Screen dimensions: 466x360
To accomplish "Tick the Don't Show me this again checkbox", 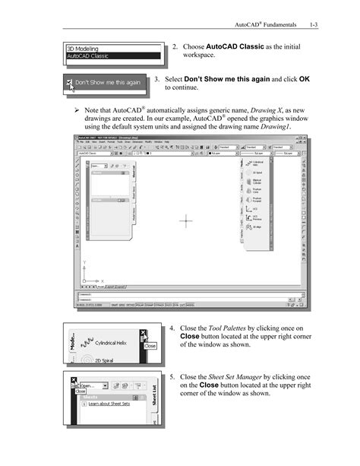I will [69, 82].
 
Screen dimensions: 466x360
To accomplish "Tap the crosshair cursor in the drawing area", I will [186, 221].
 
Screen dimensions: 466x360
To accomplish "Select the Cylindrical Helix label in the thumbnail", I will [115, 344].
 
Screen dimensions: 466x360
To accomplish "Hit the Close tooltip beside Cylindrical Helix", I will [150, 345].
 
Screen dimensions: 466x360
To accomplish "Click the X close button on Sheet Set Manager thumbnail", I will [72, 379].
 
